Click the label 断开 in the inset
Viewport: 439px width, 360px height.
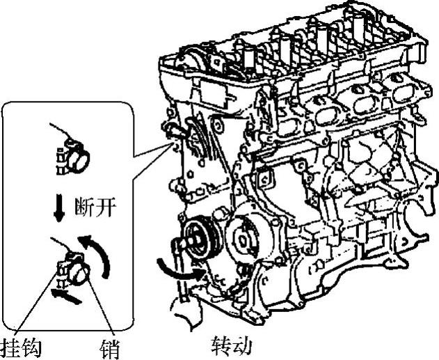coord(95,207)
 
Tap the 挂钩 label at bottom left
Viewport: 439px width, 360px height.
coord(21,349)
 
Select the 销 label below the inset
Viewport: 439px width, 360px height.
coord(110,349)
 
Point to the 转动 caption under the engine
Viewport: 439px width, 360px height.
coord(232,345)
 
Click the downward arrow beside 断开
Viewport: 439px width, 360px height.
coord(59,210)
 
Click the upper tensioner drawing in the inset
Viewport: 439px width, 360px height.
coord(73,155)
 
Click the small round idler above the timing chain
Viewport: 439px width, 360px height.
coord(218,125)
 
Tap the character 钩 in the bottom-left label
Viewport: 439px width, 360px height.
coord(31,349)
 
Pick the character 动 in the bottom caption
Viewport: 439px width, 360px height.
coord(241,345)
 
